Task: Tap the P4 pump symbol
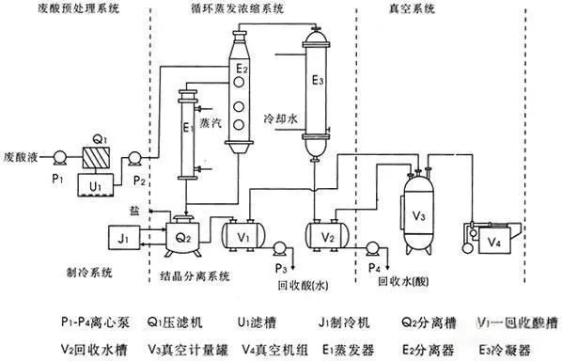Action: [372, 249]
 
